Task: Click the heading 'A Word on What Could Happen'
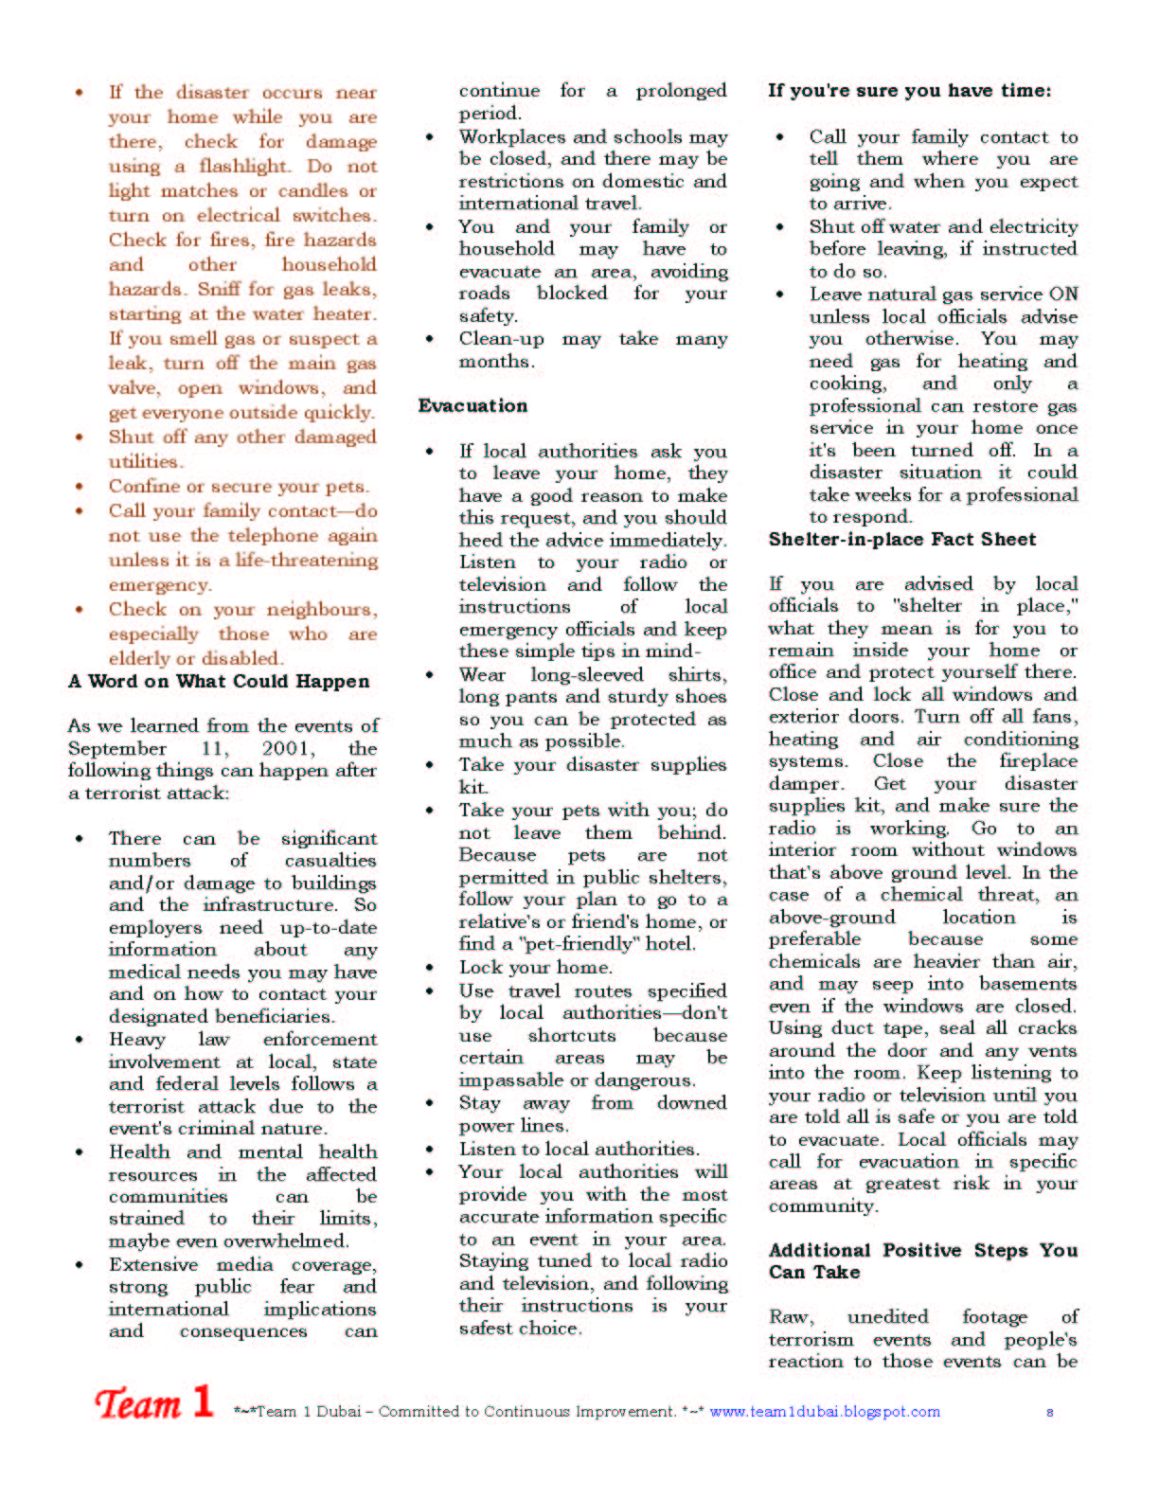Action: click(x=219, y=682)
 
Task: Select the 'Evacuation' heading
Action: click(x=473, y=406)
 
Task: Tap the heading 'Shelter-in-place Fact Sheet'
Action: click(x=901, y=540)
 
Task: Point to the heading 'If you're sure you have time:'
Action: click(x=909, y=91)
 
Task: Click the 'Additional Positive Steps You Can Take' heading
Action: click(x=922, y=1261)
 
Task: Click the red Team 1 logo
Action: click(x=153, y=1403)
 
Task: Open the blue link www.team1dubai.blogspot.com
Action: click(x=825, y=1412)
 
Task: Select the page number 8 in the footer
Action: click(x=1050, y=1412)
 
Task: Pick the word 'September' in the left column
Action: click(x=116, y=749)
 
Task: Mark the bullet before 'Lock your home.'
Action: click(x=430, y=968)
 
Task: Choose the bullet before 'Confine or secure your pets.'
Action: click(x=80, y=487)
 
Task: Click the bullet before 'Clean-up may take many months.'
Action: click(x=430, y=339)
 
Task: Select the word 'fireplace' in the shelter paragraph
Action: click(x=1038, y=761)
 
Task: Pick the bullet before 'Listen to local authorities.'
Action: click(x=430, y=1150)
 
